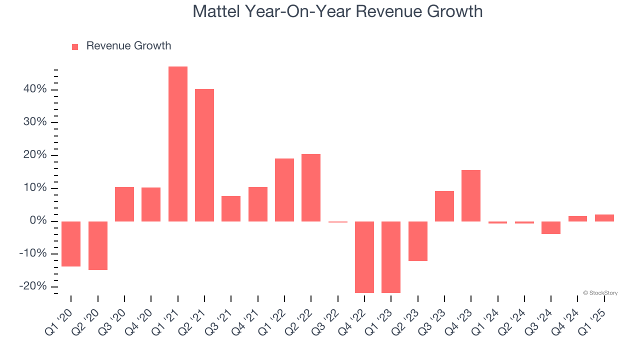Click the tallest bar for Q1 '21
[177, 144]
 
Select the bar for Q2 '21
[204, 155]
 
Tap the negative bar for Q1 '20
[71, 244]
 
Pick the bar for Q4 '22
[364, 257]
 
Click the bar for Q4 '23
[471, 195]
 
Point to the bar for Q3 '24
[551, 227]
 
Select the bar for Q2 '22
[311, 187]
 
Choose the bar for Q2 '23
[417, 241]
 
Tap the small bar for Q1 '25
[604, 218]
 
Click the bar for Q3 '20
[124, 204]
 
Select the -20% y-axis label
[33, 286]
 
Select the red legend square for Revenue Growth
[75, 46]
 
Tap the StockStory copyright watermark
[600, 293]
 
